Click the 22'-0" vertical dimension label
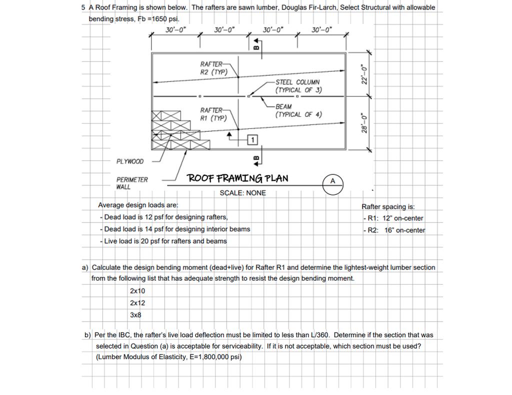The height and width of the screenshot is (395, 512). [x=365, y=74]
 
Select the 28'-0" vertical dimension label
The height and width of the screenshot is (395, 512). [x=365, y=123]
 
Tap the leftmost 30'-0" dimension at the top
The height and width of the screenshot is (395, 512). [x=176, y=30]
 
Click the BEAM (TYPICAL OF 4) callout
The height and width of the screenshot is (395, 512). [x=298, y=110]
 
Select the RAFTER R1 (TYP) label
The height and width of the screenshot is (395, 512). [x=213, y=114]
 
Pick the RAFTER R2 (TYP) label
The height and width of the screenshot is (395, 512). [x=213, y=68]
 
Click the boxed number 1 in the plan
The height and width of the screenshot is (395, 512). [x=253, y=139]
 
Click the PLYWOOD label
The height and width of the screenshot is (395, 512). [x=129, y=161]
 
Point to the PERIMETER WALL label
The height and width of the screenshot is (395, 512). [x=132, y=183]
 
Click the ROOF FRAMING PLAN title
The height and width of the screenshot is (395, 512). [x=237, y=178]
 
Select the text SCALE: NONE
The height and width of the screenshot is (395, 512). [x=243, y=193]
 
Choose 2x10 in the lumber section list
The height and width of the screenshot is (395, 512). [x=137, y=291]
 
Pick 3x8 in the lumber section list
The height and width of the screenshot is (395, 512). [x=135, y=315]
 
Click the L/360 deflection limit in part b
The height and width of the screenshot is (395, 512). [x=318, y=335]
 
